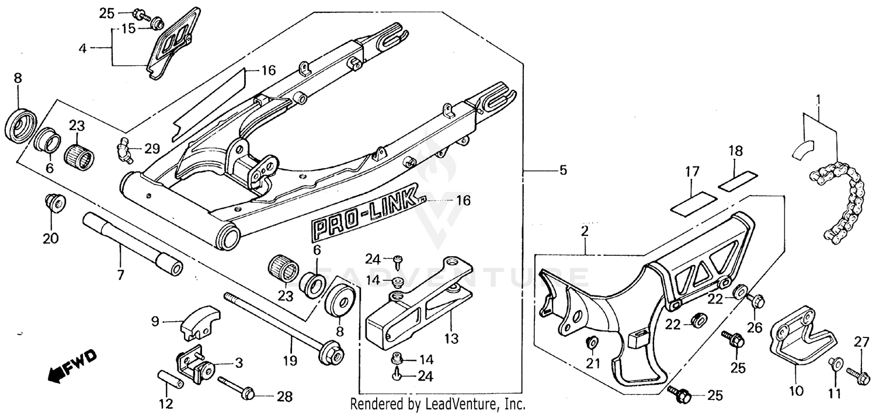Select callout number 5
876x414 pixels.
tap(562, 171)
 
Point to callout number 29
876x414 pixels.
tap(151, 149)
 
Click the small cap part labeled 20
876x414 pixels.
tap(56, 203)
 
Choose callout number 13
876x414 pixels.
tap(451, 339)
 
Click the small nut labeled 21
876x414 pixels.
tap(592, 343)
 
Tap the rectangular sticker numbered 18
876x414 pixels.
tap(738, 179)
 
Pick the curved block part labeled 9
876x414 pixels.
tap(196, 322)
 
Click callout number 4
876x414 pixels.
tap(82, 48)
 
